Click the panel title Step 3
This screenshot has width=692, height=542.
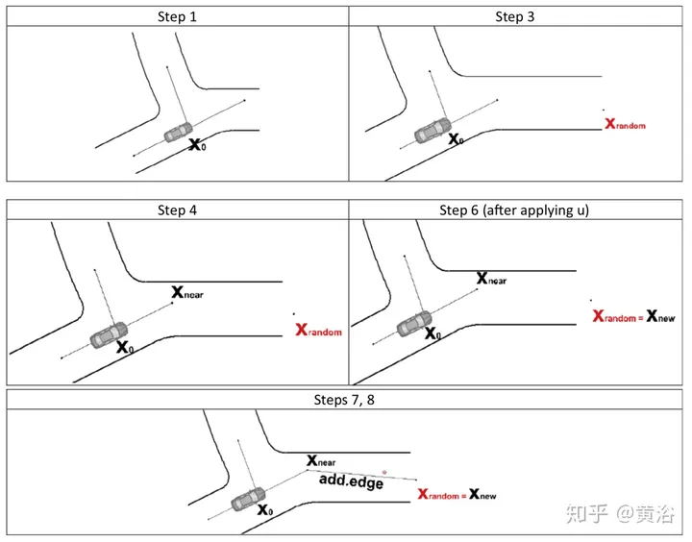(519, 15)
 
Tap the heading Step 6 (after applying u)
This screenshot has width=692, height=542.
(519, 209)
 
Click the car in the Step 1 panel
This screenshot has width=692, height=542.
(177, 132)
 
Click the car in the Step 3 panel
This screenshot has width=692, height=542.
(432, 131)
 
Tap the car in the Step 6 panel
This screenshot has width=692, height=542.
(413, 325)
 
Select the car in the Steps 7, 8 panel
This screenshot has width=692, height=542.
(249, 500)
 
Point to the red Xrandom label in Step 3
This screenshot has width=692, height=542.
(625, 124)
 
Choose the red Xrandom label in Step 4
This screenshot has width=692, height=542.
(319, 331)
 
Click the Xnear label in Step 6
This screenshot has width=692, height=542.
(491, 279)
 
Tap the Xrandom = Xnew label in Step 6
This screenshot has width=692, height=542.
(633, 315)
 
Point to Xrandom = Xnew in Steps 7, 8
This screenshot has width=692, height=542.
(457, 494)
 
